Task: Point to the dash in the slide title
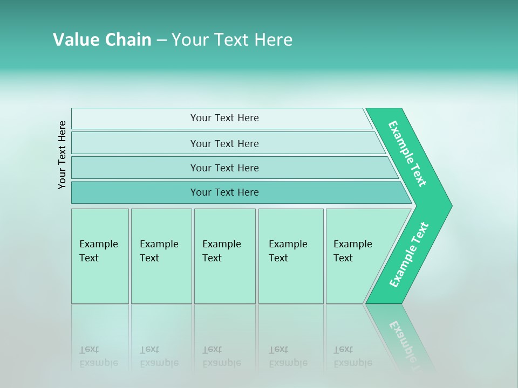click(161, 40)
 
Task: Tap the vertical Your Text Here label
click(62, 155)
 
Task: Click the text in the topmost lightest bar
click(224, 118)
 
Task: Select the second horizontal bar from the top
click(224, 143)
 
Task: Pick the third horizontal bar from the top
click(224, 168)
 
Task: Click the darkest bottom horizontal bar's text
click(224, 192)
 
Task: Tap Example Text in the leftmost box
click(98, 251)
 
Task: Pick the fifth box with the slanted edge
click(353, 251)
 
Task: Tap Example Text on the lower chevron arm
click(409, 255)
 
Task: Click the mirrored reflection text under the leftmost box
click(98, 357)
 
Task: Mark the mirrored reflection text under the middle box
click(222, 357)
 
